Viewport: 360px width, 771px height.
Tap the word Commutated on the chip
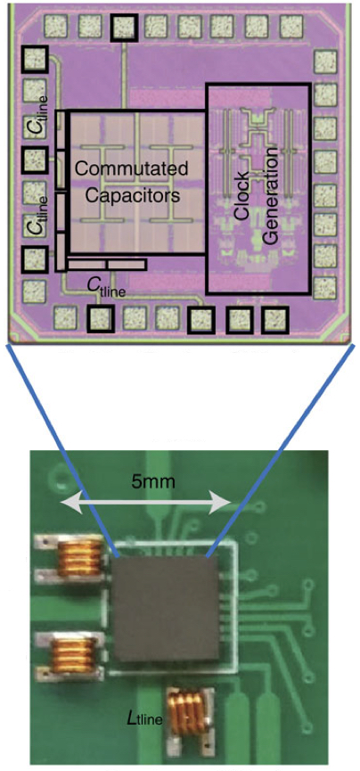pos(131,170)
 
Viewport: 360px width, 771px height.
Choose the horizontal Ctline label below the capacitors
pos(106,287)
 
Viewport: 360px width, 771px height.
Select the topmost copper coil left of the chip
pos(79,559)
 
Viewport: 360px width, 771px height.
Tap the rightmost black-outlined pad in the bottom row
pos(273,320)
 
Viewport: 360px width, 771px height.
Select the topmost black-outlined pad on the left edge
pos(35,60)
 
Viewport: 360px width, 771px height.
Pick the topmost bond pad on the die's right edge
pos(325,62)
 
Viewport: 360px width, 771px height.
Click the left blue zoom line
pos(62,450)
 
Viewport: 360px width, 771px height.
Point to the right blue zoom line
pos(281,451)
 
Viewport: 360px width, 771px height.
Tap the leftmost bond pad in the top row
pos(55,26)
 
